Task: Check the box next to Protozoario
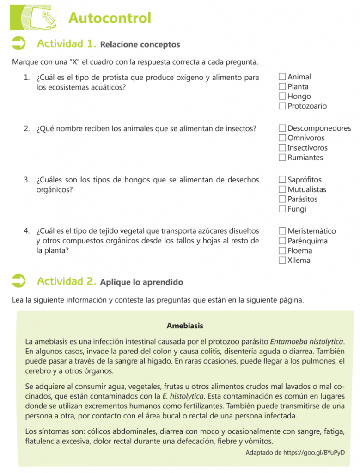[x=282, y=106]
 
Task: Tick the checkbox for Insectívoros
[x=282, y=148]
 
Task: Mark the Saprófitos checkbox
[x=282, y=180]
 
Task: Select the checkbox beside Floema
[x=282, y=251]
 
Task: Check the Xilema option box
[x=282, y=261]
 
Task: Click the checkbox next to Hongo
[x=282, y=97]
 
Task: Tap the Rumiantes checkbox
[x=282, y=158]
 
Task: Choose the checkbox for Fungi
[x=282, y=209]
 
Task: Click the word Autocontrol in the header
[x=110, y=18]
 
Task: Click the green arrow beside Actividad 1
[x=19, y=44]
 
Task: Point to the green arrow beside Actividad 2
[x=19, y=281]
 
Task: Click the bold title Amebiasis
[x=185, y=326]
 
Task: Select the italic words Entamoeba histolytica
[x=307, y=342]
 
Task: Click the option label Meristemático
[x=311, y=231]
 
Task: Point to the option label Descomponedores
[x=319, y=128]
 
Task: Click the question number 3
[x=27, y=180]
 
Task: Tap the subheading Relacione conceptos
[x=140, y=45]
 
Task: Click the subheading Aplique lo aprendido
[x=141, y=282]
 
